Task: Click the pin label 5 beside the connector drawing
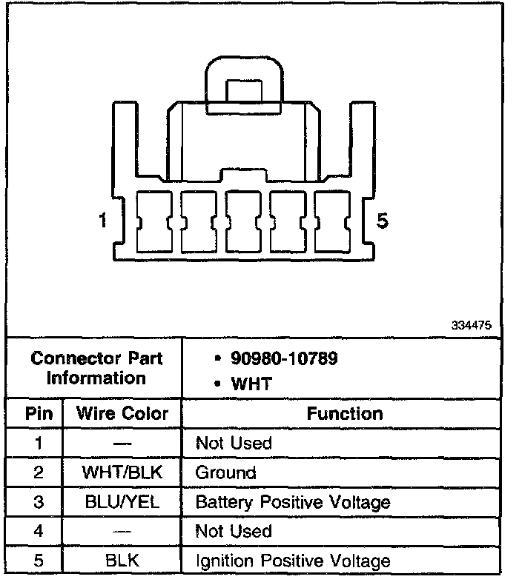pos(383,221)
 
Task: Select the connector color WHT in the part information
pos(251,384)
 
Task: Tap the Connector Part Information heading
pos(96,368)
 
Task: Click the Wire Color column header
pos(123,413)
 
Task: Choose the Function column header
pos(345,413)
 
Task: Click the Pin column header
pos(39,413)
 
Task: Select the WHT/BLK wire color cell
pos(123,472)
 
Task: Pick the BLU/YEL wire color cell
pos(123,502)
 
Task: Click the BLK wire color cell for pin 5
pos(123,561)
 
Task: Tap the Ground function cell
pos(225,472)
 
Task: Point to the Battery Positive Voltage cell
pos(292,502)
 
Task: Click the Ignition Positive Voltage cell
pos(292,561)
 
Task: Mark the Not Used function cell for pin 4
pos(234,531)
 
